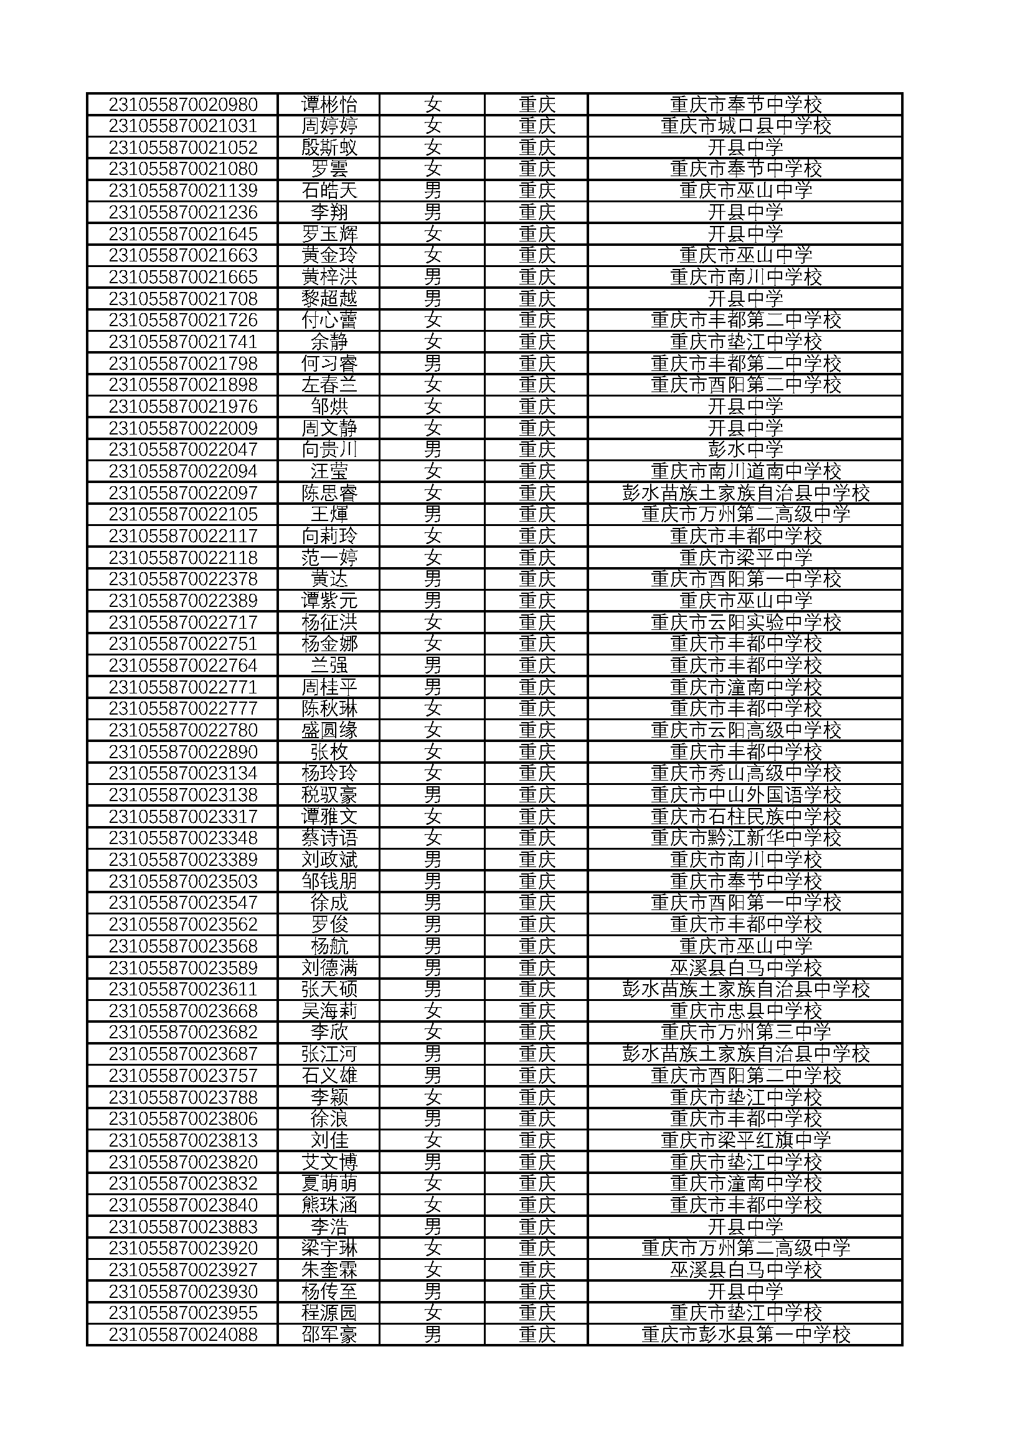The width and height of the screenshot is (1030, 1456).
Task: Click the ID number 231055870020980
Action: click(182, 104)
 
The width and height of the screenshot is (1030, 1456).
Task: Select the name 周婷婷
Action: click(329, 126)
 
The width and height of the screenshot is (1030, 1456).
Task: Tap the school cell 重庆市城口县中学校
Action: click(745, 126)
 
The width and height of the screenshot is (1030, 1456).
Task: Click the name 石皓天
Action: click(329, 190)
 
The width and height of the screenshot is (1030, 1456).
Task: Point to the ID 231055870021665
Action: click(182, 277)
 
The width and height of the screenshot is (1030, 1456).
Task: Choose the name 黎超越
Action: click(329, 299)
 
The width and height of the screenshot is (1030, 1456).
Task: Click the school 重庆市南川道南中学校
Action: click(745, 471)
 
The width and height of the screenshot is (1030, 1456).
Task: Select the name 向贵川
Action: click(329, 449)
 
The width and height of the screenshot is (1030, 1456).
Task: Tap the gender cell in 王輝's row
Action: click(433, 514)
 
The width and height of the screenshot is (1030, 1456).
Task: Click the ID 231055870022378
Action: click(182, 579)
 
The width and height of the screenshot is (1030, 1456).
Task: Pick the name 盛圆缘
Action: click(329, 730)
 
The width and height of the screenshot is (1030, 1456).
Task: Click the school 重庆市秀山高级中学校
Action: click(745, 773)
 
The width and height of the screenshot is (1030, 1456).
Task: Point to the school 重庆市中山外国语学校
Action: click(745, 794)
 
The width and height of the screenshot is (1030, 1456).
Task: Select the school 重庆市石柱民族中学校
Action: click(745, 816)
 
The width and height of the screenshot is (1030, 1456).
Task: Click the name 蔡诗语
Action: click(329, 838)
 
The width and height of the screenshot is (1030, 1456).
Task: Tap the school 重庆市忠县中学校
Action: click(745, 1011)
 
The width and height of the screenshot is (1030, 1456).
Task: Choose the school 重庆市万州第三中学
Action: click(745, 1032)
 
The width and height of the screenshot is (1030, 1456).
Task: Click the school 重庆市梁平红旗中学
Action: click(745, 1140)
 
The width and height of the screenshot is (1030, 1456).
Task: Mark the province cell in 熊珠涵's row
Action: click(537, 1205)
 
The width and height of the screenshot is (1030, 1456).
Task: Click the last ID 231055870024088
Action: click(182, 1334)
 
